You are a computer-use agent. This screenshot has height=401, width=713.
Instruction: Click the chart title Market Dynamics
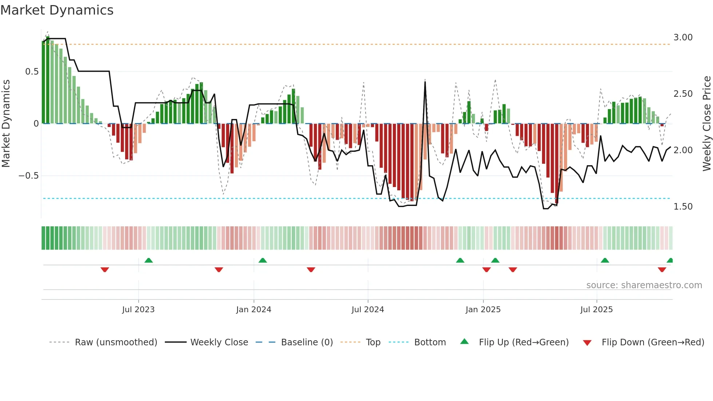[x=57, y=10]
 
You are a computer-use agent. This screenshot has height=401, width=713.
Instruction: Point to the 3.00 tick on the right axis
[x=683, y=37]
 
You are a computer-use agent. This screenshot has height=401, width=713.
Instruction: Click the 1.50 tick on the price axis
[x=683, y=207]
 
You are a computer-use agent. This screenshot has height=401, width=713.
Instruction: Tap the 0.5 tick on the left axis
[x=32, y=72]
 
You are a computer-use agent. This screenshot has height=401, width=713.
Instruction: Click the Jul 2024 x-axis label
[x=367, y=310]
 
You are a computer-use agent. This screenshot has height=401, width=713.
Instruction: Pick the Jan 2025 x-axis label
[x=483, y=310]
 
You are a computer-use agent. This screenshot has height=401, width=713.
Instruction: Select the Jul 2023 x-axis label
[x=138, y=310]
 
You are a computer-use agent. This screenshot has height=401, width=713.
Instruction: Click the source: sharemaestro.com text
[x=644, y=285]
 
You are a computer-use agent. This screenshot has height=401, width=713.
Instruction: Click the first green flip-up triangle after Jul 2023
[x=148, y=260]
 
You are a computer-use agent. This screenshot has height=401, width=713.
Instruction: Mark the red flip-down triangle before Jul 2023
[x=105, y=270]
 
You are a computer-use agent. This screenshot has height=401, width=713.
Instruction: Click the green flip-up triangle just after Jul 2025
[x=605, y=260]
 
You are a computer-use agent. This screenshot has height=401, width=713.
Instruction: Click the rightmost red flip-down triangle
[x=662, y=270]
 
